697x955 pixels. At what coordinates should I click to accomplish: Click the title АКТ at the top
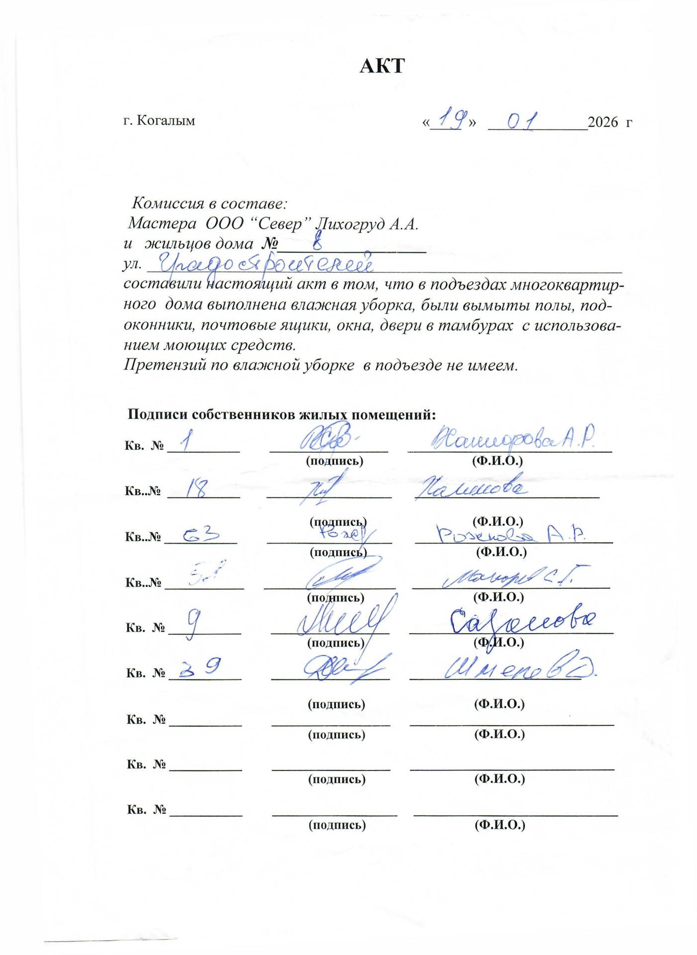(x=382, y=66)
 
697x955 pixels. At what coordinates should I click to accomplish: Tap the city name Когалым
(x=166, y=121)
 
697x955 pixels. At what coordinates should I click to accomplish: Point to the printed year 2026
(x=603, y=122)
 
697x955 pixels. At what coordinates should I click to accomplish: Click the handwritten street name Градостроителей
(x=266, y=264)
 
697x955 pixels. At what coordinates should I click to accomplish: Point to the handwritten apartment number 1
(x=187, y=441)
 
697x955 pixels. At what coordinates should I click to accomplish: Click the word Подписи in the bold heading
(x=158, y=415)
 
